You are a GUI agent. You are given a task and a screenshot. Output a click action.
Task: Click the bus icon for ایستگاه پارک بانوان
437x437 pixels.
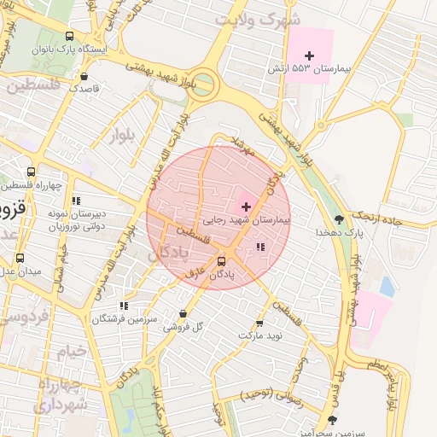click(69, 37)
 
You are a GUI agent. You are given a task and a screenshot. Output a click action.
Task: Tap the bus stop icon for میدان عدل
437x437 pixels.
click(20, 258)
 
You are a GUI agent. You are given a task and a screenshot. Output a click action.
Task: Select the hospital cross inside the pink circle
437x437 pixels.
click(246, 207)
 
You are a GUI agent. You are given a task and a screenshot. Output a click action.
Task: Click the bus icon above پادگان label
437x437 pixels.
click(222, 261)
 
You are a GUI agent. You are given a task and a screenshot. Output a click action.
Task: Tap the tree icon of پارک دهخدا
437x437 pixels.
click(340, 219)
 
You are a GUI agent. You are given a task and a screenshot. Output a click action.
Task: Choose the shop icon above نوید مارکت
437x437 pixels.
click(259, 323)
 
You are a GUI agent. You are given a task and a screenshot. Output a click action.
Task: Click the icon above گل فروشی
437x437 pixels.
click(184, 313)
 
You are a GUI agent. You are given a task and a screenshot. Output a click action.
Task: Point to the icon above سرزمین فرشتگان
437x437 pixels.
click(124, 305)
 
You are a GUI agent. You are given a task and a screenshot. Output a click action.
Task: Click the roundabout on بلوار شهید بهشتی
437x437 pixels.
click(205, 85)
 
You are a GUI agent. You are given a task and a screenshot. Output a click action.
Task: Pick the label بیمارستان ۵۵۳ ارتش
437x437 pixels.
click(311, 67)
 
